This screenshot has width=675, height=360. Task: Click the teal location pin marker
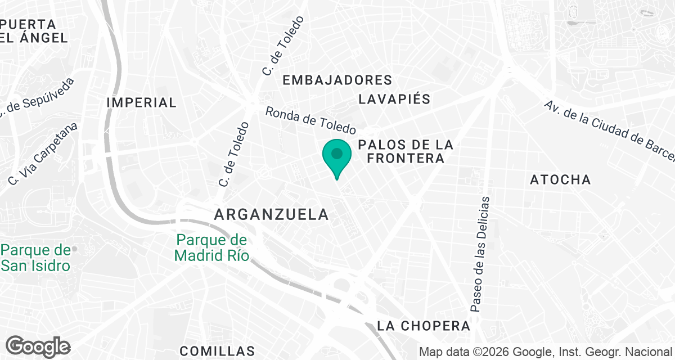click(x=337, y=156)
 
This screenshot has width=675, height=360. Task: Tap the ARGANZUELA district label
click(x=271, y=214)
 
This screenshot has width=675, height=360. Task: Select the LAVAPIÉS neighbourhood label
click(x=394, y=100)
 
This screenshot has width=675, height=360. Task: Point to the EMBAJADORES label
click(x=337, y=80)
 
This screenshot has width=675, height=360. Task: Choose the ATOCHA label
click(x=560, y=180)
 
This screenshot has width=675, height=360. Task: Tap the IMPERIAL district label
click(x=141, y=102)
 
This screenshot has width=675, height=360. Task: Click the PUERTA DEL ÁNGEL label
click(x=34, y=31)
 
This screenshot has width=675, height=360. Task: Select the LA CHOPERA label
click(x=424, y=326)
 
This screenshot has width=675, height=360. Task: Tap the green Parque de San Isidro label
click(x=36, y=258)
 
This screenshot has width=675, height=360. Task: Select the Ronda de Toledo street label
click(x=310, y=119)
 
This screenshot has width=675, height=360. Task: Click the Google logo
click(x=38, y=346)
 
